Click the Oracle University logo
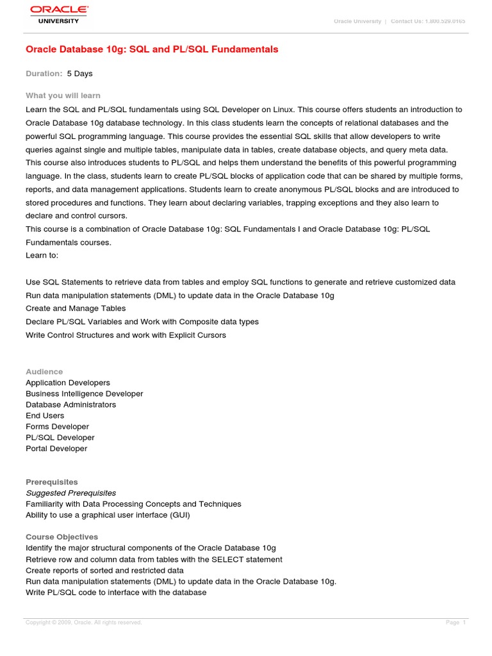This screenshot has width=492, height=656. coord(57,14)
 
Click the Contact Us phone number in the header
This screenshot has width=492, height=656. coord(428,21)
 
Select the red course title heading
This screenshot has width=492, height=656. coord(152,49)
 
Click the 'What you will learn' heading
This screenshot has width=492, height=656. coord(63,95)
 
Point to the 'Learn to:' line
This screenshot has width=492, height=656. coord(42,255)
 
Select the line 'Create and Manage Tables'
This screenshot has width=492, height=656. coord(76,308)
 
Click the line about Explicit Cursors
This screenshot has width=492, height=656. coord(126,335)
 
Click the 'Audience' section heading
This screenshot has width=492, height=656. coord(44,372)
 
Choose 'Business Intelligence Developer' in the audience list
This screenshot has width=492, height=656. coord(84,393)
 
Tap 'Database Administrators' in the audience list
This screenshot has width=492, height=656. coord(70,404)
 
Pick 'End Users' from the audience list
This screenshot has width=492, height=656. coord(45,415)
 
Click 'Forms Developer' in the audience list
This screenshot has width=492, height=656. coord(57,426)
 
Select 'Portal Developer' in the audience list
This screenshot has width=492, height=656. coord(56,448)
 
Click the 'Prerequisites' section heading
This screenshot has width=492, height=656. coord(51,482)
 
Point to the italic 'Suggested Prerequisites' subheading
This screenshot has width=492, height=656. coord(70,493)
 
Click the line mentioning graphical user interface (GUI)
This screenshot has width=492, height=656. coord(108,514)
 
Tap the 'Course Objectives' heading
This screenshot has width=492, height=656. coord(61,537)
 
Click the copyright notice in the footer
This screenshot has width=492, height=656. coord(83,622)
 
